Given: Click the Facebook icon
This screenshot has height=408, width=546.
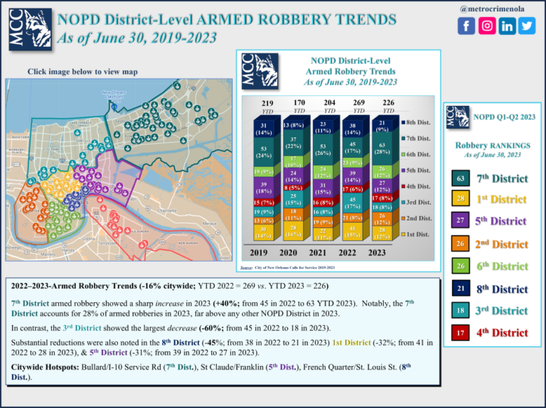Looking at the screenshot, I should tap(466, 26).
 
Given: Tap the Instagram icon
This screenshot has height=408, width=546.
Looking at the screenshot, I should tap(487, 26).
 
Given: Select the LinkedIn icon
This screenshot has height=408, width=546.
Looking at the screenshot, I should tap(507, 26).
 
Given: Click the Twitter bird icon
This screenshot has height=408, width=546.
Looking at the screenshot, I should tap(527, 26).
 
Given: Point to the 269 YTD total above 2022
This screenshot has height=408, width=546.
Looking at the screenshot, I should tap(359, 103).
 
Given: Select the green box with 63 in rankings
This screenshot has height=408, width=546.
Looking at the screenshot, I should tap(460, 177).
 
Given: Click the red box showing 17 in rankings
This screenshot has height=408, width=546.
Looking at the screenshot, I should tap(460, 332).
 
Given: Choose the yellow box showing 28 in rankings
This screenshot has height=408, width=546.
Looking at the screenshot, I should tap(460, 199).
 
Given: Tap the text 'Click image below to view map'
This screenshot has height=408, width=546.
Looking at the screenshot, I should tap(82, 71).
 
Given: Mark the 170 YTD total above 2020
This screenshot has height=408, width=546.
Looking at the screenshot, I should tap(299, 103).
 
